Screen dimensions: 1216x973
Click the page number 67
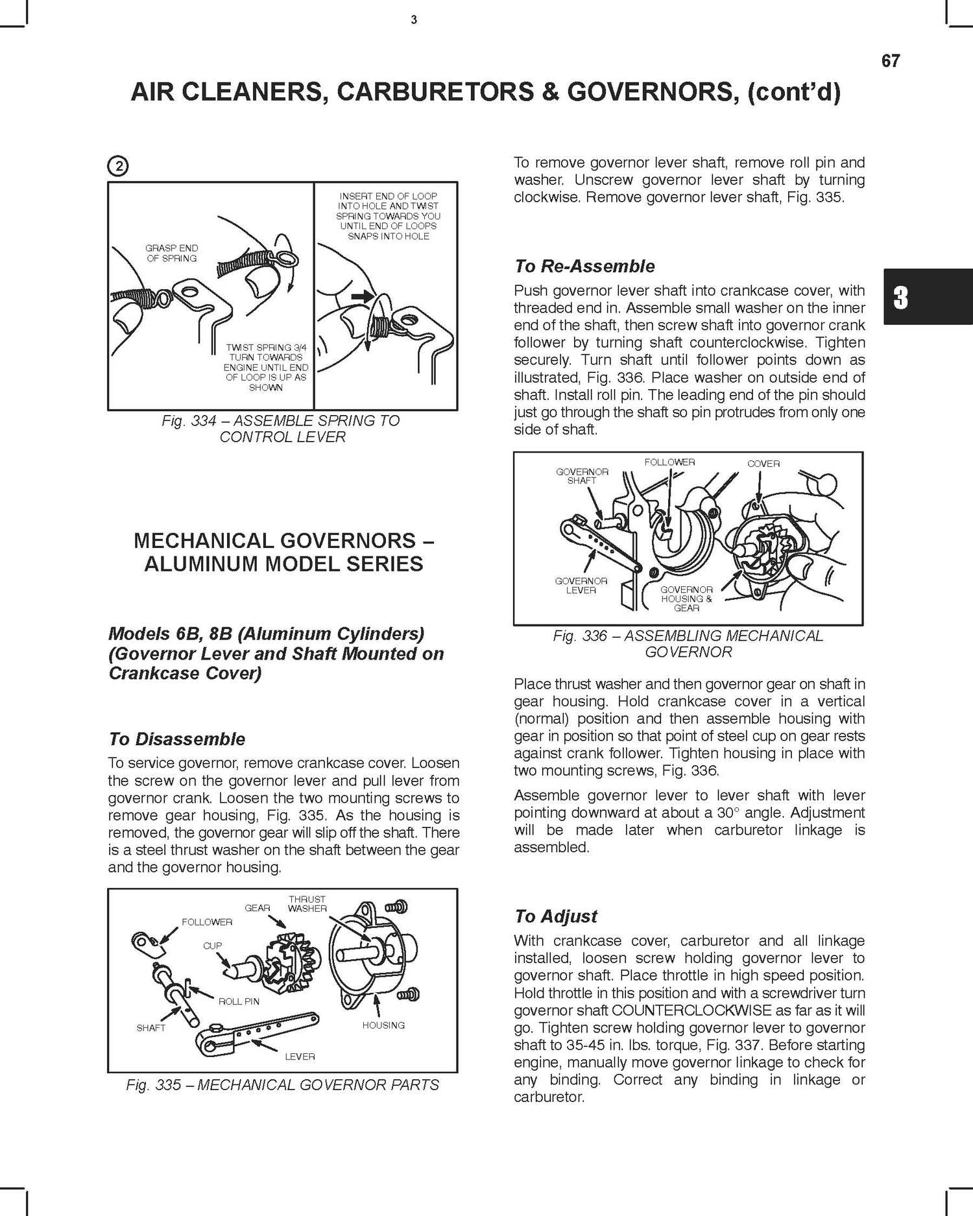pyautogui.click(x=890, y=61)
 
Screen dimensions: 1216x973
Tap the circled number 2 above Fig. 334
pyautogui.click(x=119, y=167)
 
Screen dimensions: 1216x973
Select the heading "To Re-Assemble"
pyautogui.click(x=584, y=266)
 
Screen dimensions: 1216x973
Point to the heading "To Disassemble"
pyautogui.click(x=177, y=739)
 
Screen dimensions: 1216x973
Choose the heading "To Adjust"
pyautogui.click(x=555, y=916)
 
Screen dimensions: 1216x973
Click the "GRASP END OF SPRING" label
pyautogui.click(x=172, y=253)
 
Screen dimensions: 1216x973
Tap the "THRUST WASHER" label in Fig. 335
pyautogui.click(x=307, y=903)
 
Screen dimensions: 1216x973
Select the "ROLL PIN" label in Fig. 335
pyautogui.click(x=239, y=1001)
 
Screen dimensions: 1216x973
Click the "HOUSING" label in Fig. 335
pyautogui.click(x=383, y=1025)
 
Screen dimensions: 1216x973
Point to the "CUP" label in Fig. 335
pyautogui.click(x=212, y=946)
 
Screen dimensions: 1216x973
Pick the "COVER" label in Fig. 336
pyautogui.click(x=763, y=464)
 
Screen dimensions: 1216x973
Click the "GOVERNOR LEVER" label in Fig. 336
pyautogui.click(x=581, y=586)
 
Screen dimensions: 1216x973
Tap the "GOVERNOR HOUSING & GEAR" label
pyautogui.click(x=686, y=599)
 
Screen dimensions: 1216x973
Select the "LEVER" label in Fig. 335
pyautogui.click(x=300, y=1056)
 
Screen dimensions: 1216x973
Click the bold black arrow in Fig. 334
pyautogui.click(x=361, y=297)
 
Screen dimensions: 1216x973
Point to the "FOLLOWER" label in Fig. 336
pyautogui.click(x=669, y=462)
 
